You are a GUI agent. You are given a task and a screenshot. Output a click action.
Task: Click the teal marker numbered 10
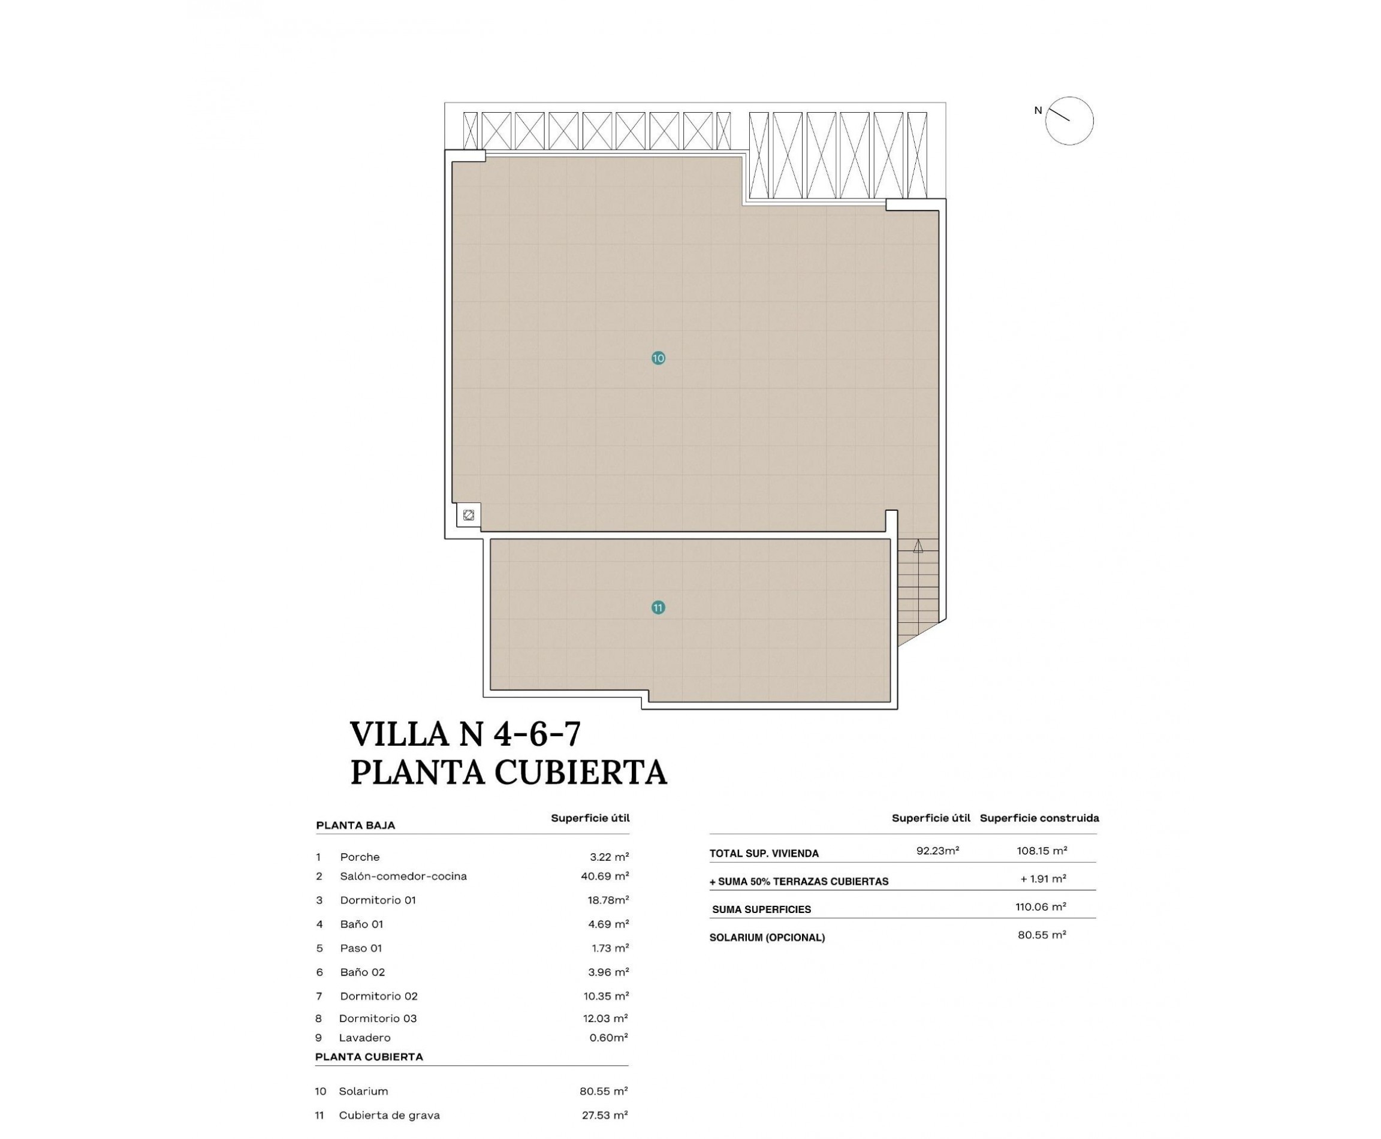[x=658, y=358]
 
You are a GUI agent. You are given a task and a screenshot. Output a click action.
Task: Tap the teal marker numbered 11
[x=658, y=607]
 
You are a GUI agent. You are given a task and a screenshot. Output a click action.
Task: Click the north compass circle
[x=1069, y=120]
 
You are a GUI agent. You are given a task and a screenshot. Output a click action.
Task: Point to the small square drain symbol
[x=468, y=515]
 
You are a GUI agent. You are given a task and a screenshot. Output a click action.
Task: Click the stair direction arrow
[x=918, y=546]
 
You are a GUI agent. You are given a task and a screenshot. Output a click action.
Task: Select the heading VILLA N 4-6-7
[x=466, y=734]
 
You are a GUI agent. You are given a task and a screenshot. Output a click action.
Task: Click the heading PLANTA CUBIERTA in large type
[x=508, y=773]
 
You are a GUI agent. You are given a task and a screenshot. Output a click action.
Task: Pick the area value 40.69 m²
[x=605, y=876]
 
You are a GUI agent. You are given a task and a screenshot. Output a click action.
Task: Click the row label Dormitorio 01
[x=378, y=900]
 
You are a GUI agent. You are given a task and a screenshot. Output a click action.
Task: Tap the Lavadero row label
[x=365, y=1037]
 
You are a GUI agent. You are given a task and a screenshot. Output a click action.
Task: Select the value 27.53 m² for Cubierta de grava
[x=605, y=1115]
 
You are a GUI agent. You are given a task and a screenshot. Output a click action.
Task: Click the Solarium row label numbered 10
[x=363, y=1091]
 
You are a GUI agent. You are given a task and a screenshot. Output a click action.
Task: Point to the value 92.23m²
[x=937, y=851]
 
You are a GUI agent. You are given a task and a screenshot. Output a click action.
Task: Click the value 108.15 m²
[x=1042, y=851]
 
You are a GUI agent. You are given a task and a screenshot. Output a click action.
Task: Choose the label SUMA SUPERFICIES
[x=761, y=909]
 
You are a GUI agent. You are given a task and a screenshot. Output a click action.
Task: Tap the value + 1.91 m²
[x=1043, y=878]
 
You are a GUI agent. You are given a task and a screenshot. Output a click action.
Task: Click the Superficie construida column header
[x=1039, y=818]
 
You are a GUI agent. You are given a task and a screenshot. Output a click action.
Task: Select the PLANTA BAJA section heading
[x=355, y=825]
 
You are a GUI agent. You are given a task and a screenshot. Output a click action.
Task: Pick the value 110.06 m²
[x=1041, y=907]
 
